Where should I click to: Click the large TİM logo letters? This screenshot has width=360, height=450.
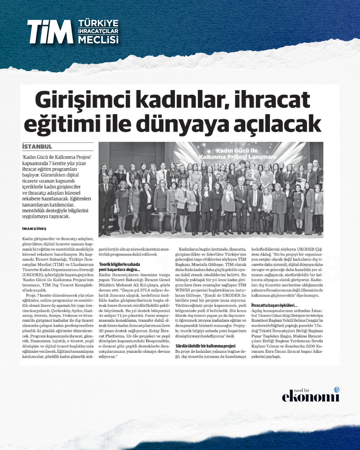tap(50, 32)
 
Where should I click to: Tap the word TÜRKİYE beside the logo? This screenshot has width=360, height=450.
tap(98, 23)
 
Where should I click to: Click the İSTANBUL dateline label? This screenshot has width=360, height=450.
tap(37, 147)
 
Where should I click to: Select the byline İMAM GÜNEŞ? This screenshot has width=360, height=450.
tap(34, 229)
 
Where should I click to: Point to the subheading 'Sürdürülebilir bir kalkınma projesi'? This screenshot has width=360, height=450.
tap(205, 346)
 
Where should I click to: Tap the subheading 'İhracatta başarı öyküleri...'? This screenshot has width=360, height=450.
tap(274, 305)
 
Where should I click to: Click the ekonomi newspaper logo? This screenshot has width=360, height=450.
tap(310, 397)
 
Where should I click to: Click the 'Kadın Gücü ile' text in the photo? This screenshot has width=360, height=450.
tap(237, 151)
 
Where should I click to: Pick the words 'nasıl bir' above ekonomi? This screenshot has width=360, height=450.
tap(302, 390)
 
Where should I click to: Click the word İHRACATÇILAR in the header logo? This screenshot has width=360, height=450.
tap(98, 31)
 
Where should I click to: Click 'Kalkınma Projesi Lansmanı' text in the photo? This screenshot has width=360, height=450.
tap(237, 157)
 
